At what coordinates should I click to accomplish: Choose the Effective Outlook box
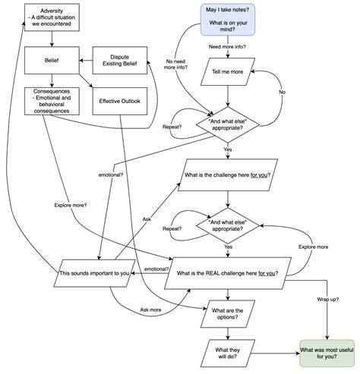click(x=120, y=101)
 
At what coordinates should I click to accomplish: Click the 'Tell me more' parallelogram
click(x=228, y=72)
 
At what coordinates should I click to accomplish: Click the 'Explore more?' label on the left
click(x=71, y=205)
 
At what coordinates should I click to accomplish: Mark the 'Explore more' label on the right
click(x=314, y=247)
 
